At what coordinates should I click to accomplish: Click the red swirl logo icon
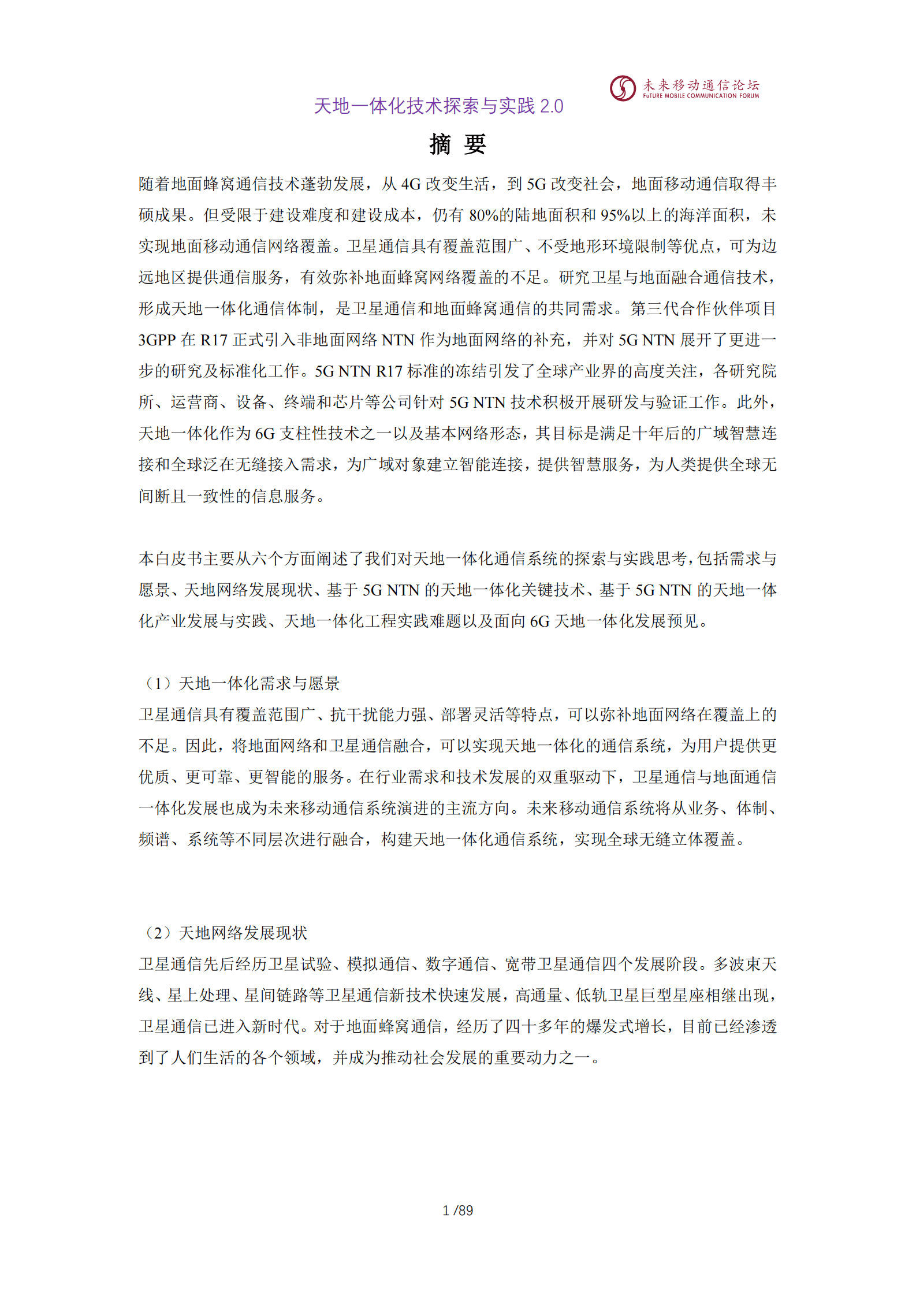point(623,88)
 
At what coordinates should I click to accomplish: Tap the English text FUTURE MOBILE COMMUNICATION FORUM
point(701,96)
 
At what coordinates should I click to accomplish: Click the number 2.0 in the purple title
point(551,106)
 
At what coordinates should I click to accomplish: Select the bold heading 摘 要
point(457,144)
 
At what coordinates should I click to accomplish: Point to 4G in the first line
point(411,184)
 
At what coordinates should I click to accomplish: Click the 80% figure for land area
point(484,215)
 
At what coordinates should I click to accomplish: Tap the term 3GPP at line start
point(157,340)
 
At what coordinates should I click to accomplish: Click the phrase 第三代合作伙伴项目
point(703,309)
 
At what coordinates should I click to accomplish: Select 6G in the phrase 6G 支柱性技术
point(265,434)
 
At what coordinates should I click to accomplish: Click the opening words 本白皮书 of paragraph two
point(171,559)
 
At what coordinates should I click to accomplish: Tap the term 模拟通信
point(378,964)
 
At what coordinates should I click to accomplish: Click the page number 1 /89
point(457,1211)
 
